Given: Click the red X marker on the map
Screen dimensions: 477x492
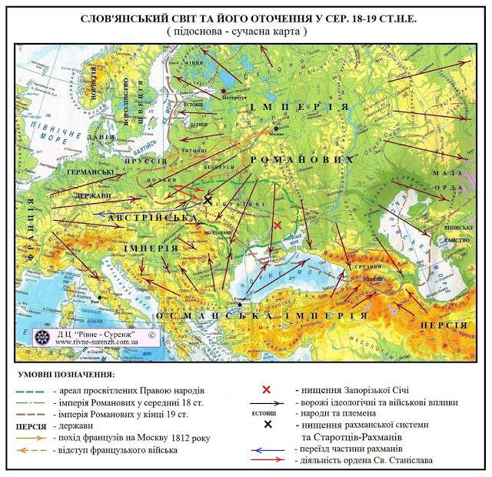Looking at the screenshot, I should tap(277, 225).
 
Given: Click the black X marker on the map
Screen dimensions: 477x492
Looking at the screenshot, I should tap(207, 200).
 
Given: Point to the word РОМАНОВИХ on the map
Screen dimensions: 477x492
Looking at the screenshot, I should tap(300, 158).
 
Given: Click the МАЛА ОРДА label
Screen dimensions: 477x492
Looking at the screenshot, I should tap(454, 182).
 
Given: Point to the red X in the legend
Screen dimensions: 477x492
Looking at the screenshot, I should tap(267, 389).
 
